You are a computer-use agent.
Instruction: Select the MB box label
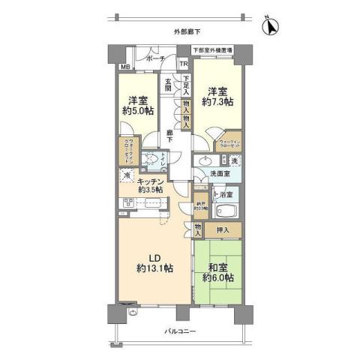click(x=125, y=67)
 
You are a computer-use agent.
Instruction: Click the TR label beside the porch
click(x=183, y=64)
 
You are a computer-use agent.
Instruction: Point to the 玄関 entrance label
click(x=169, y=84)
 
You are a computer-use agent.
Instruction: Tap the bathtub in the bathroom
click(x=225, y=210)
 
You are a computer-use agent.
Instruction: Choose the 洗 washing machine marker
click(x=235, y=161)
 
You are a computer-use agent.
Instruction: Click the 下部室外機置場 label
click(x=212, y=49)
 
